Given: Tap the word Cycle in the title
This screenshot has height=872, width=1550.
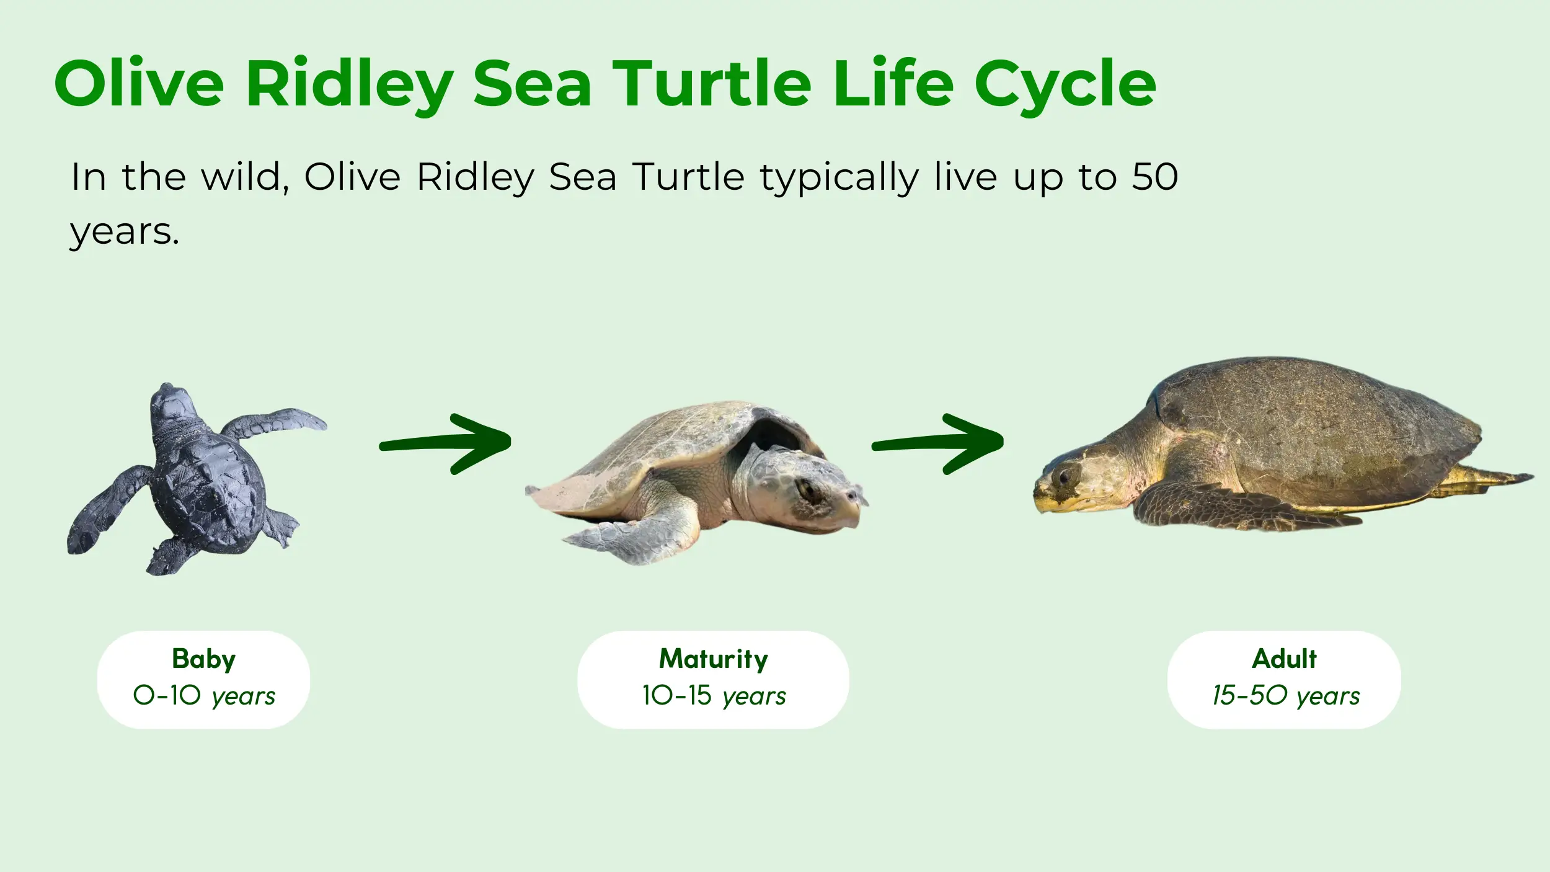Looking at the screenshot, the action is click(x=1065, y=87).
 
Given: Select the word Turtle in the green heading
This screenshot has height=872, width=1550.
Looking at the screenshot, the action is click(x=712, y=83).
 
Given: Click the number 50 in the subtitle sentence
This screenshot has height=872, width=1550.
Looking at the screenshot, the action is click(x=1155, y=177).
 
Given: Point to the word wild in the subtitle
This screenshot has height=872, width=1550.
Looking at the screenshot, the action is click(x=246, y=177).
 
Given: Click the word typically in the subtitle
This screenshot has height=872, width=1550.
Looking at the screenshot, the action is click(x=840, y=179).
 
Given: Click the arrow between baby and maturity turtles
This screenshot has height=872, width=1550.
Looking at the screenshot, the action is click(x=445, y=443).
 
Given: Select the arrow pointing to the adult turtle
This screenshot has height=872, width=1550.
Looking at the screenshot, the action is click(x=937, y=443).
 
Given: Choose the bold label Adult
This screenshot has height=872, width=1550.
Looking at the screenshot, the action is click(x=1284, y=659).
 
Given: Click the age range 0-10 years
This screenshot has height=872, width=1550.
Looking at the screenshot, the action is click(x=204, y=696).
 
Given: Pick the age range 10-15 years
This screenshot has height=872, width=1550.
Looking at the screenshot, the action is click(x=714, y=696).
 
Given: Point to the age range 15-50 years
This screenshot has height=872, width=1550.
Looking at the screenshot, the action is click(x=1286, y=696).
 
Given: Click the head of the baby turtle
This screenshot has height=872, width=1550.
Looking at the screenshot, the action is click(x=172, y=406).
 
